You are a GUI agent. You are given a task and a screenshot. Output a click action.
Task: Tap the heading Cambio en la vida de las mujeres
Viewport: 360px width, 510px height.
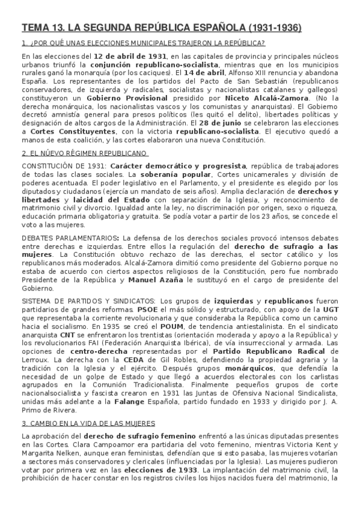point(88,425)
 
